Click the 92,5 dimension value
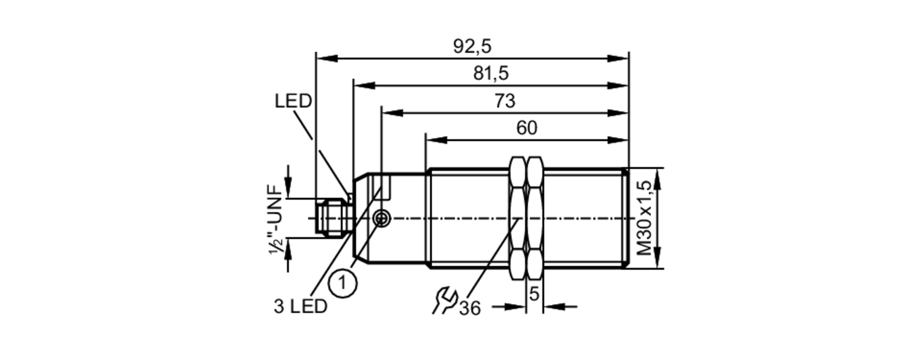tap(472, 46)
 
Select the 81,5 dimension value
tap(491, 73)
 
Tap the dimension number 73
tap(505, 101)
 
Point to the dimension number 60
tap(527, 128)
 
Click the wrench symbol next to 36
tap(444, 300)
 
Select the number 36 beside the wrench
tap(469, 309)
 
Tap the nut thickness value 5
tap(534, 294)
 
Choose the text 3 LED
tap(300, 307)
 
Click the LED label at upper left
tap(293, 101)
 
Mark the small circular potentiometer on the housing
tap(381, 219)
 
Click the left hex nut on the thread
tap(518, 218)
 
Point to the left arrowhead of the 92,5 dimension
tap(327, 59)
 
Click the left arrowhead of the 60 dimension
tap(436, 140)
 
